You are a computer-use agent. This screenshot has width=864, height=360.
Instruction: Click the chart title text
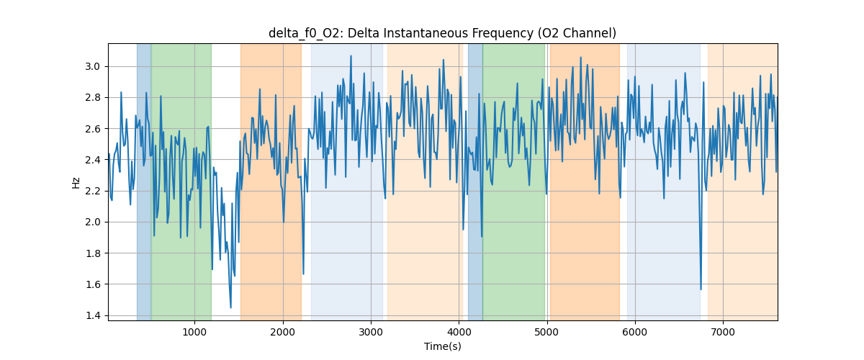[442, 33]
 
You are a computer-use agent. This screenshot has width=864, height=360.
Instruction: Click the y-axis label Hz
[76, 182]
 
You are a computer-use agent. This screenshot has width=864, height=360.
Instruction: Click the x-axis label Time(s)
[442, 346]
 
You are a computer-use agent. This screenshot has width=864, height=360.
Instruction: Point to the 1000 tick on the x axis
[194, 332]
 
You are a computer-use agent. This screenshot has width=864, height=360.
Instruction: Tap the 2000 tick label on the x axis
[283, 332]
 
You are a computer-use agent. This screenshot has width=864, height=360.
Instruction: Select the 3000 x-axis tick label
[371, 332]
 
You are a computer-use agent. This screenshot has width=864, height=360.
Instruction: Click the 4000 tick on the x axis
[459, 332]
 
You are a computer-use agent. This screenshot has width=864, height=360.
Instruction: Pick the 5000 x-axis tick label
[547, 332]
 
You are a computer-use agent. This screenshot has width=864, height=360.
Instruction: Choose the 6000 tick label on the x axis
[635, 332]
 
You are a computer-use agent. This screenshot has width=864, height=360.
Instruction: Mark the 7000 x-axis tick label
[724, 332]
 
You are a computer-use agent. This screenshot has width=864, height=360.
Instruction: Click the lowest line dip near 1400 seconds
[230, 307]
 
